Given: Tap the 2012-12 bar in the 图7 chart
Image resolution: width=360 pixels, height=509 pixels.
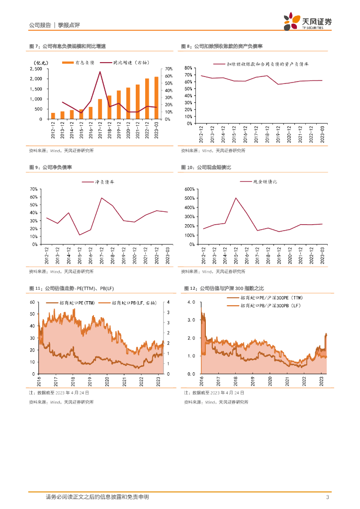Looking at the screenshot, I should coord(53,116).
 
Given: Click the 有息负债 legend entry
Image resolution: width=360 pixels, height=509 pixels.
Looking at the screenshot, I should coord(77,63).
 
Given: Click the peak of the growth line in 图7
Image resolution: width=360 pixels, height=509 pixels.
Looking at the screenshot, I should coord(100,72).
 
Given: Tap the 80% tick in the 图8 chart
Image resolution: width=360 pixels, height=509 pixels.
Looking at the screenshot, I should coord(188,68).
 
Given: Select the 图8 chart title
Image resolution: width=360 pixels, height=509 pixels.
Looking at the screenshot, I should coord(221,46).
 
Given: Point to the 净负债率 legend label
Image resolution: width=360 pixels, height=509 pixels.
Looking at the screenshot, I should coord(105,182).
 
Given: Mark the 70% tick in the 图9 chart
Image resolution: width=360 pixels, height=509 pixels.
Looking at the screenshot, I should coord(34,189).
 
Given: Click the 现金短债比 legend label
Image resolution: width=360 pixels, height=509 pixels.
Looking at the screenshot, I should coord(265,182).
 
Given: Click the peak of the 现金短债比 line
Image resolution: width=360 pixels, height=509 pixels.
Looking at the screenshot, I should coord(236,198).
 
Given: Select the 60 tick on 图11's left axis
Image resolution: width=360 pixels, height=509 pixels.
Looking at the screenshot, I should coord(32,302).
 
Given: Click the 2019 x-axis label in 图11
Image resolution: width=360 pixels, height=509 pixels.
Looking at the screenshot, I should coord(90,381).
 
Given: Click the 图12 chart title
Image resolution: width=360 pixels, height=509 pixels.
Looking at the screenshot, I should coord(224,288).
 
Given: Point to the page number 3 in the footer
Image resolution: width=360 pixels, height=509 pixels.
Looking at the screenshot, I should coord(327,497).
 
